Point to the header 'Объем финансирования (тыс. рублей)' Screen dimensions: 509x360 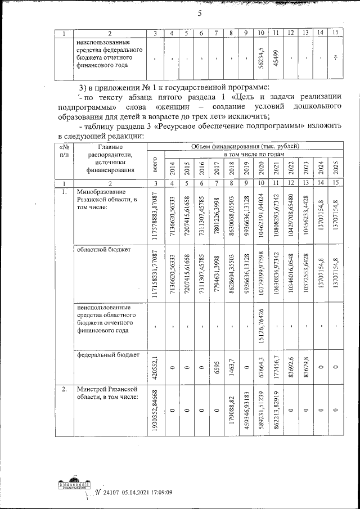(245, 146)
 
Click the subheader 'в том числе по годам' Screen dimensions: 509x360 (253, 154)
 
